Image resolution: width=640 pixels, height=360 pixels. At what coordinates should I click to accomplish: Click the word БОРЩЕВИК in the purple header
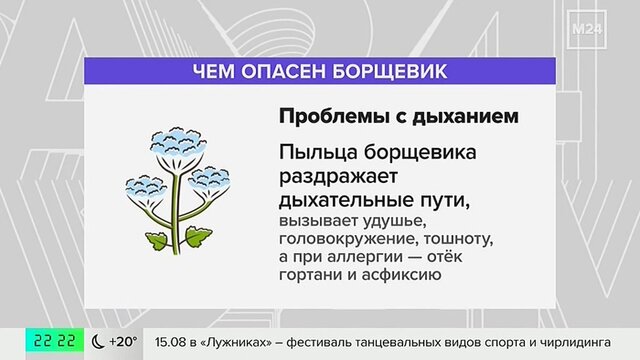tap(390, 71)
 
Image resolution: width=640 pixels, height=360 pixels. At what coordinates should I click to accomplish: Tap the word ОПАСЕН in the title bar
tap(284, 71)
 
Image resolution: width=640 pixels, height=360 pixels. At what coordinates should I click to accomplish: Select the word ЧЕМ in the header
tap(213, 71)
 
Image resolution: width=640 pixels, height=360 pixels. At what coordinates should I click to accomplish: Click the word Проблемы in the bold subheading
tap(333, 116)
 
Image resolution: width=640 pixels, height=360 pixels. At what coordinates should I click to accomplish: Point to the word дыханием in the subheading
tap(465, 117)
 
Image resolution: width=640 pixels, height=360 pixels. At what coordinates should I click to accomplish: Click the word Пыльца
tap(318, 153)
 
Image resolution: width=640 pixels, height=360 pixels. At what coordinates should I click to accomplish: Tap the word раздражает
tap(338, 178)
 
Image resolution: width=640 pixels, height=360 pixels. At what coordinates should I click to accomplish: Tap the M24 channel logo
tap(587, 29)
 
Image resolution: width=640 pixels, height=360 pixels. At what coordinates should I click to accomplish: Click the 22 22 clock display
tap(55, 340)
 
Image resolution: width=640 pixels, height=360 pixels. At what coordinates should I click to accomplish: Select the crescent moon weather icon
tap(98, 341)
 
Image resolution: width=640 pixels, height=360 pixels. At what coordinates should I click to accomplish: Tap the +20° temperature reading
tap(123, 341)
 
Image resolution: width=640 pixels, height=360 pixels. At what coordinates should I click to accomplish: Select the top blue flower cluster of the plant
tap(177, 142)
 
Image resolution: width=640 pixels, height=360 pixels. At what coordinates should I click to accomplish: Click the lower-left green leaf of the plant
tap(156, 240)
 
